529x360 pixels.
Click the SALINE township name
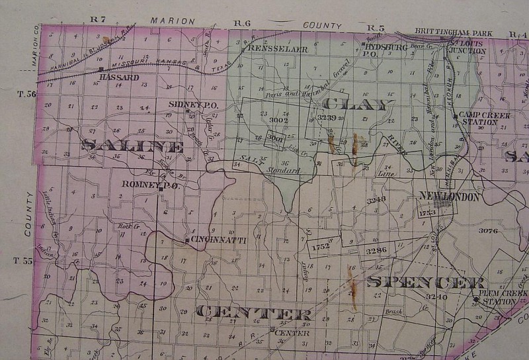point(132,146)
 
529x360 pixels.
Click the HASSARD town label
point(119,77)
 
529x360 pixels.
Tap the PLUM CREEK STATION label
point(499,297)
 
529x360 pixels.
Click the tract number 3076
point(488,230)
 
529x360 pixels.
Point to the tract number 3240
point(437,297)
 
